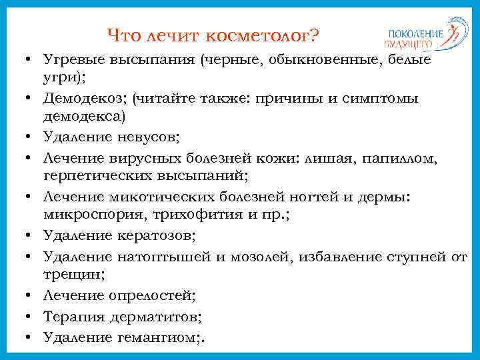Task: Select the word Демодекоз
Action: pyautogui.click(x=83, y=99)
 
